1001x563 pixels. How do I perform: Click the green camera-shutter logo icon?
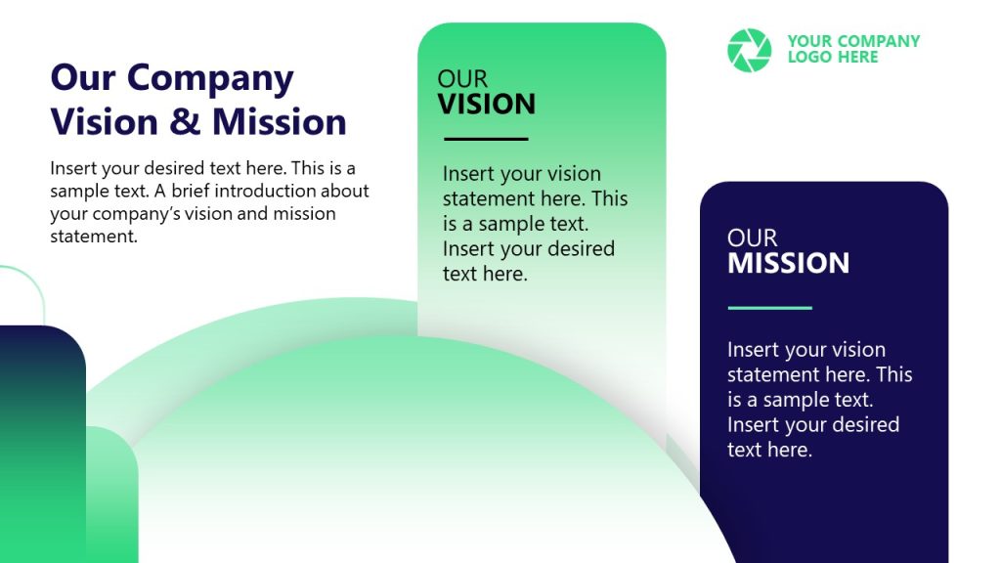pos(749,50)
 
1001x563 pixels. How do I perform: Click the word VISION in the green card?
pos(486,104)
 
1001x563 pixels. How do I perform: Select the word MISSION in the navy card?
pos(788,263)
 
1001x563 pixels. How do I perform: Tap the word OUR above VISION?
pos(461,79)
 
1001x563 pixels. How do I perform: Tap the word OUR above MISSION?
pos(752,238)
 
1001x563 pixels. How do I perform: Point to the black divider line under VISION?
pos(484,139)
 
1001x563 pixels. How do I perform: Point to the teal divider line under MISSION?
pos(769,308)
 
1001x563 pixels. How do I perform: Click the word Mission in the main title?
pos(279,122)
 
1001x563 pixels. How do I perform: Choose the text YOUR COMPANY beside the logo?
pos(853,41)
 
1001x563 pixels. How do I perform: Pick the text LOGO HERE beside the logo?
pos(832,58)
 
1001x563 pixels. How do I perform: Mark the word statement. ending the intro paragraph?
pos(94,236)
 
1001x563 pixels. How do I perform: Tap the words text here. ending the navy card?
pos(769,450)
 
